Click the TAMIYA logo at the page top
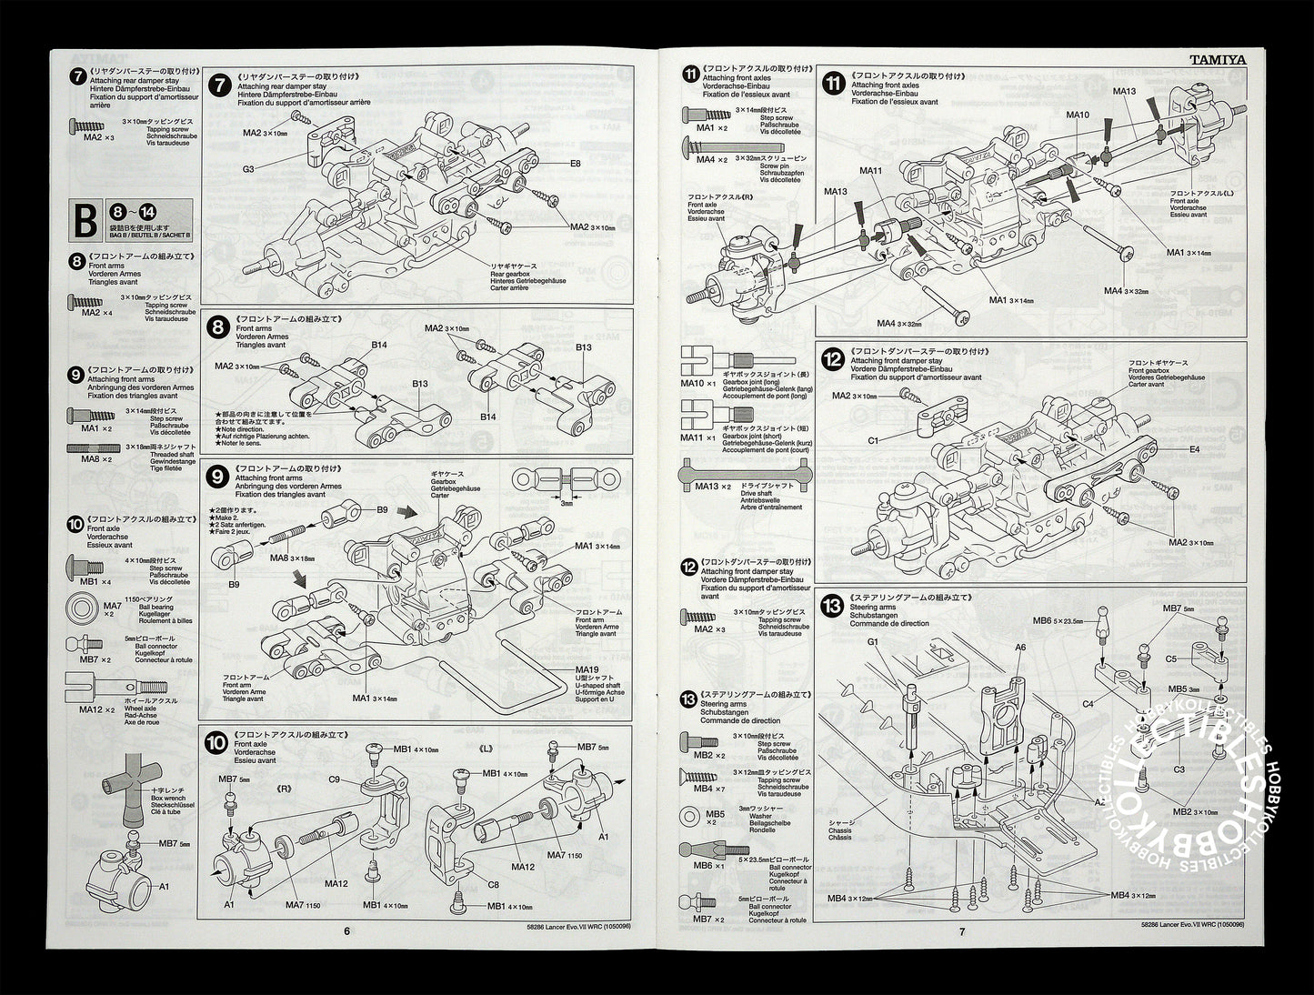1219,61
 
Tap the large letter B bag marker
85,219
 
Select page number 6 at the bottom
346,930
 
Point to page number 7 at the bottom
961,930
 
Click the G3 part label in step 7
247,168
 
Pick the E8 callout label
576,164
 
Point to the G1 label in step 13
873,641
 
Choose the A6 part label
1020,648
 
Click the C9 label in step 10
334,779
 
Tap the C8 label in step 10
494,883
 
